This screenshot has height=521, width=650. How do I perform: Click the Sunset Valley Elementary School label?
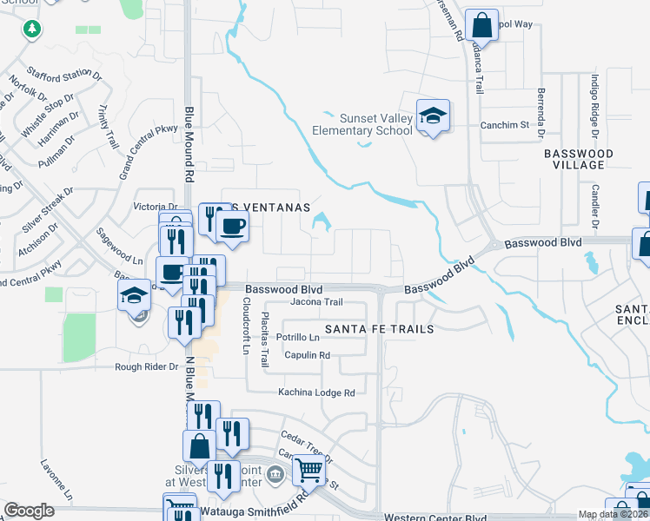[x=363, y=124]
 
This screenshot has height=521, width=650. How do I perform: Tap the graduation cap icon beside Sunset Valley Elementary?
[x=432, y=115]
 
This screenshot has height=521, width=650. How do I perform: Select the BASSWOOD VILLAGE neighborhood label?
[x=578, y=159]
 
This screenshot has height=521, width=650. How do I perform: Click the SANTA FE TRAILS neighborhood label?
[x=379, y=329]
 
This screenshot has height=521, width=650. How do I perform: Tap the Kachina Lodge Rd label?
[x=316, y=392]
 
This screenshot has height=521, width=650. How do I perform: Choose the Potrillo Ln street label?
[x=298, y=337]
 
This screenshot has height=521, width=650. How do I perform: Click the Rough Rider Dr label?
[x=147, y=367]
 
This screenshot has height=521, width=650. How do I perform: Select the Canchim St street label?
[x=505, y=125]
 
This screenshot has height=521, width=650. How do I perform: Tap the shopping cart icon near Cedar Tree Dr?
[x=309, y=470]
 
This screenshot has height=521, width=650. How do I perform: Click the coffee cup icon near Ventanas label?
[x=232, y=228]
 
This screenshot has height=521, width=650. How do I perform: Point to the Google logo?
[x=29, y=511]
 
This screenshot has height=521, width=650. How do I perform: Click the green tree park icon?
[x=32, y=29]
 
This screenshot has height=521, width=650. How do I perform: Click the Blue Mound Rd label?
[x=189, y=143]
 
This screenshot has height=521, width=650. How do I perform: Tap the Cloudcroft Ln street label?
[x=247, y=326]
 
